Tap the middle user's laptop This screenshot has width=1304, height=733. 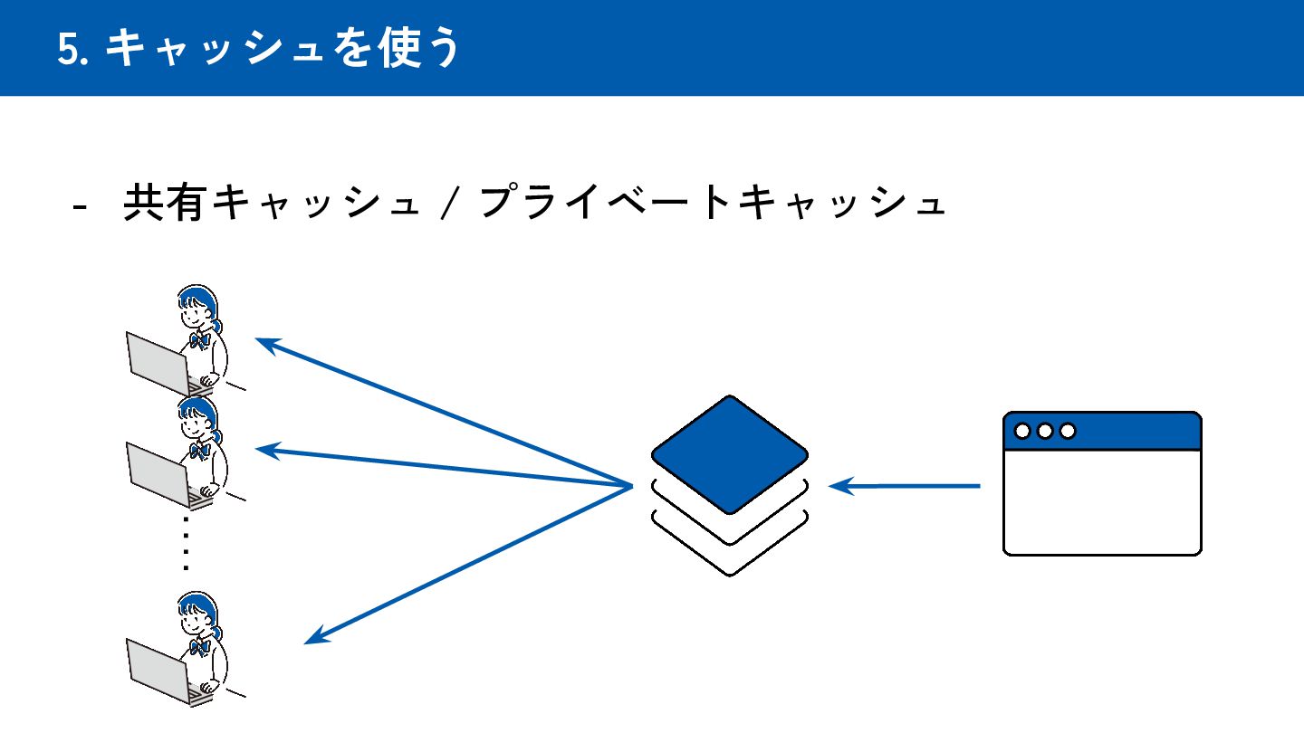[x=159, y=473]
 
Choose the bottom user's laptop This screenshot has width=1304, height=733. [x=159, y=670]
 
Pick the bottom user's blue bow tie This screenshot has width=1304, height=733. [x=200, y=647]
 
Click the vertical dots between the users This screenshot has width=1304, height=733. [x=186, y=543]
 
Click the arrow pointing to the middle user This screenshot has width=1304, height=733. [x=444, y=467]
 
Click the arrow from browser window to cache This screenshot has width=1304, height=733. [x=906, y=487]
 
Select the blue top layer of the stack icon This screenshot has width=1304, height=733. [x=729, y=452]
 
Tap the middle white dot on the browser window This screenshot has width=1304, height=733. [x=1045, y=431]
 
